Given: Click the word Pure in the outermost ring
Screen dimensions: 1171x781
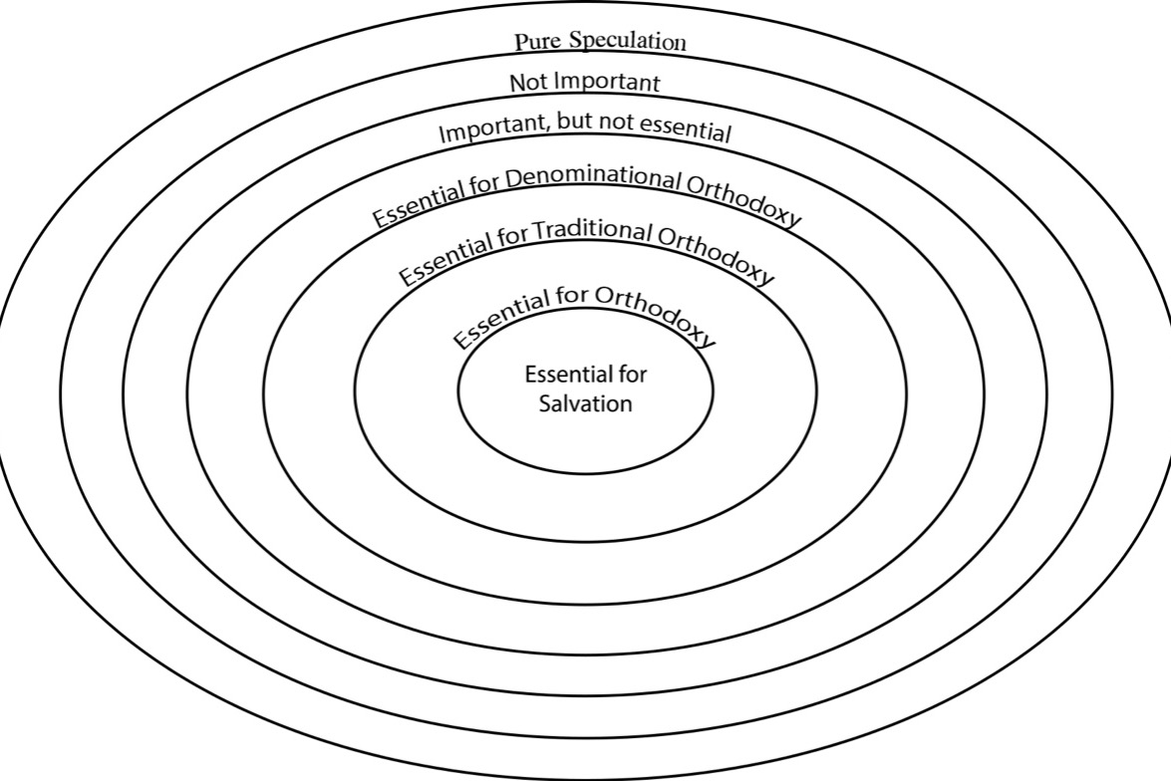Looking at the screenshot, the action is tap(538, 42).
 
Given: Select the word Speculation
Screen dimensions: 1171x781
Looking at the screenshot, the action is tap(627, 40).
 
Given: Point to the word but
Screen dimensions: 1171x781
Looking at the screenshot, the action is tap(575, 124).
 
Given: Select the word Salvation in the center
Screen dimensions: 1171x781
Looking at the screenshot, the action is tap(586, 403).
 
